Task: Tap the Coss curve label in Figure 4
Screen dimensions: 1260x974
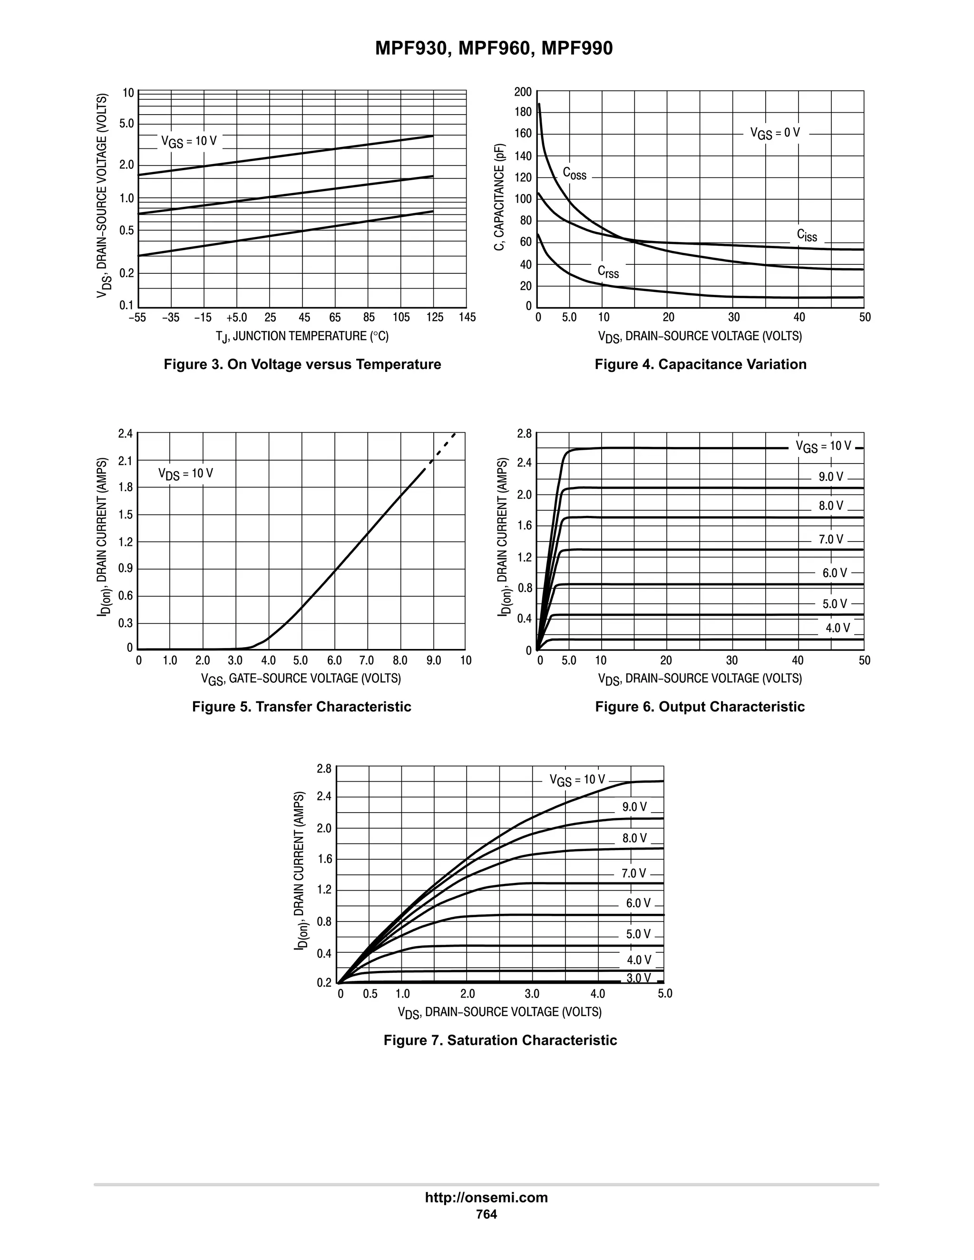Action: click(574, 173)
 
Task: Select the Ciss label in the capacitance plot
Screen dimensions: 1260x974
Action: click(807, 235)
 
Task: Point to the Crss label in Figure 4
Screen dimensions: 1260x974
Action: click(608, 271)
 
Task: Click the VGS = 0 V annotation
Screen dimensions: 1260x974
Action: click(775, 133)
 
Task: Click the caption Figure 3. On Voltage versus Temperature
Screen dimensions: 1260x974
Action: click(302, 364)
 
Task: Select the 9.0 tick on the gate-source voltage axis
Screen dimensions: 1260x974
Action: click(433, 660)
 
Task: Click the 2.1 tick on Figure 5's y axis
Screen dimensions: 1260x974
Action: click(125, 460)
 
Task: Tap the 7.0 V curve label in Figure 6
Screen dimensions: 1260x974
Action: click(831, 540)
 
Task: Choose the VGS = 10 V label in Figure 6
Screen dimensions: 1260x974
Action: click(823, 446)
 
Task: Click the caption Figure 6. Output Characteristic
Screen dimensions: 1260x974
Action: click(699, 707)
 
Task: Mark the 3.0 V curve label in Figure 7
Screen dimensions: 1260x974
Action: click(638, 978)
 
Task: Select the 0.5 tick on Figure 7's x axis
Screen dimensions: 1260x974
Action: click(370, 994)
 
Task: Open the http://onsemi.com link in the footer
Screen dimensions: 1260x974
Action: click(486, 1197)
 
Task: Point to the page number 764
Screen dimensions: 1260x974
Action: click(486, 1214)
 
